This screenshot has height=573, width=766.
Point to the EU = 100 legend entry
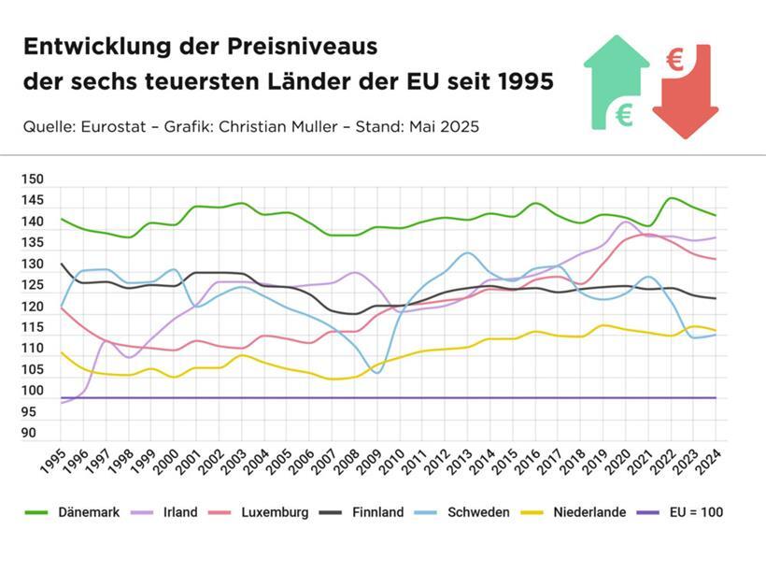click(x=692, y=512)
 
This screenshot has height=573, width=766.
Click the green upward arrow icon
click(x=616, y=82)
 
